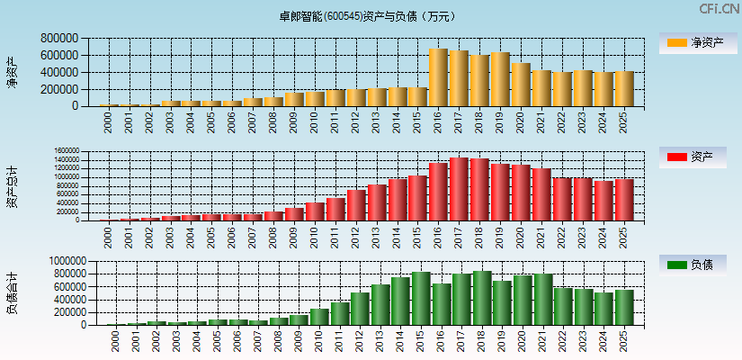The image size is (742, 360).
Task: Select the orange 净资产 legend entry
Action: coord(695,42)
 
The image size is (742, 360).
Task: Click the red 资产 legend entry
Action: coord(695,157)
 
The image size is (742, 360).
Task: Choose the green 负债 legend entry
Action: coord(695,265)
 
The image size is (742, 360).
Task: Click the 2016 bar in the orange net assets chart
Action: coord(438,77)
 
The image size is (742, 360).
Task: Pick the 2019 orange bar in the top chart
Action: coord(500,79)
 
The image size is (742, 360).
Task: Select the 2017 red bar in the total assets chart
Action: coord(459,189)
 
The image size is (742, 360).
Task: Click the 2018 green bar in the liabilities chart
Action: coord(482,298)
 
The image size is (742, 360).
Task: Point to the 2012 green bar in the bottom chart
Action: coord(360,309)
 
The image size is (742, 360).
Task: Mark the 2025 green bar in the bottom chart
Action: coord(624,307)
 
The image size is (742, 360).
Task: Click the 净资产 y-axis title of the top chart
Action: coord(12,72)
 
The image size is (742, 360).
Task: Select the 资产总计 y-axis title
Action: coord(12,185)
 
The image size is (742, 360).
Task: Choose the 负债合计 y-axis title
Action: coord(12,293)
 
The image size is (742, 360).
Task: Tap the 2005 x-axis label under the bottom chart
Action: coord(219,341)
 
